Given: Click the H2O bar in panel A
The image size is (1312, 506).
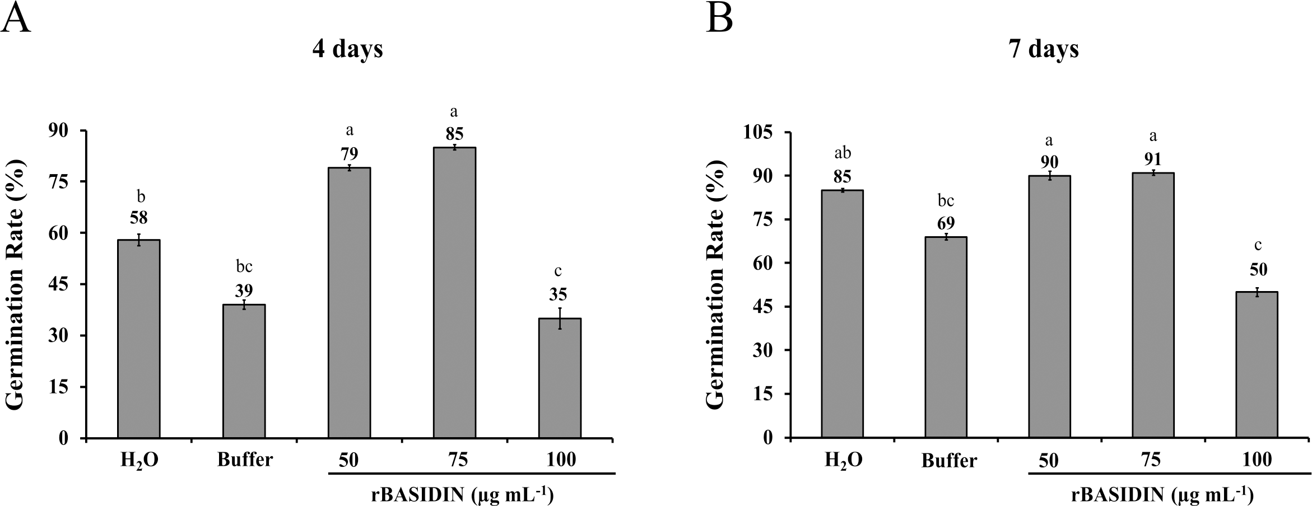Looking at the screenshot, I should pos(138,339).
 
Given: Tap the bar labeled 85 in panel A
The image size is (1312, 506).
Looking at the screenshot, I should pos(454,292).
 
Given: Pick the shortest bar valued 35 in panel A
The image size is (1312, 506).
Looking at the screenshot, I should pos(559,378).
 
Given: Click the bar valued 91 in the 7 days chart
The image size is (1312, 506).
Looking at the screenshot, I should pos(1153,305).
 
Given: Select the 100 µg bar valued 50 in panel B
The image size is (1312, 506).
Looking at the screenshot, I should pos(1257,364).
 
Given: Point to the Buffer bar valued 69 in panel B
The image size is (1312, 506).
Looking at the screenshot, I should pos(946,337).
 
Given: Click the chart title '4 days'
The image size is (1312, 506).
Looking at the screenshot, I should pos(348,50).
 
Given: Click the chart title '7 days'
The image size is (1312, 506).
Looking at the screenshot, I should pos(1044,50).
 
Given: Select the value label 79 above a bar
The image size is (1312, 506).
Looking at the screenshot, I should pos(349,154).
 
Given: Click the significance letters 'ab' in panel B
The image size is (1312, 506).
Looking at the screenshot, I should pos(843,153).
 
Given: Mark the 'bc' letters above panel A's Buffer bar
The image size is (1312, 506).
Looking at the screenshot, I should pos(244,266).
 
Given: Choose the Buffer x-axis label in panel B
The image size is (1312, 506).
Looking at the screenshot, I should pos(949,461).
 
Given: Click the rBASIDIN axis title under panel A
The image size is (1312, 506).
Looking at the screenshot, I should pos(462,495).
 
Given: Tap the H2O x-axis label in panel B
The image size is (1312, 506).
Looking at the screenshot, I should pos(844,461).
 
